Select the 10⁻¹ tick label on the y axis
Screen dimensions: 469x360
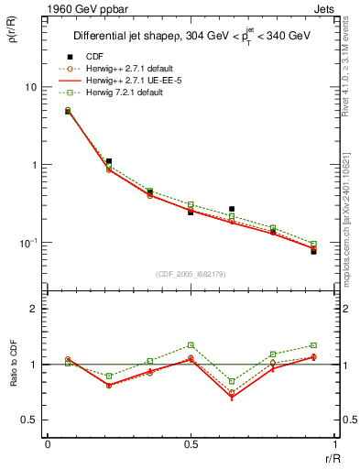pyautogui.click(x=29, y=243)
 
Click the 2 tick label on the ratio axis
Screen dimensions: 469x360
pyautogui.click(x=36, y=309)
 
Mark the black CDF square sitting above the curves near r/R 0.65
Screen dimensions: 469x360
pyautogui.click(x=231, y=209)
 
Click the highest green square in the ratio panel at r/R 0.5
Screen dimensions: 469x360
pyautogui.click(x=191, y=345)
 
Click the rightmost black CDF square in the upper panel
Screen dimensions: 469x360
pyautogui.click(x=313, y=251)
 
